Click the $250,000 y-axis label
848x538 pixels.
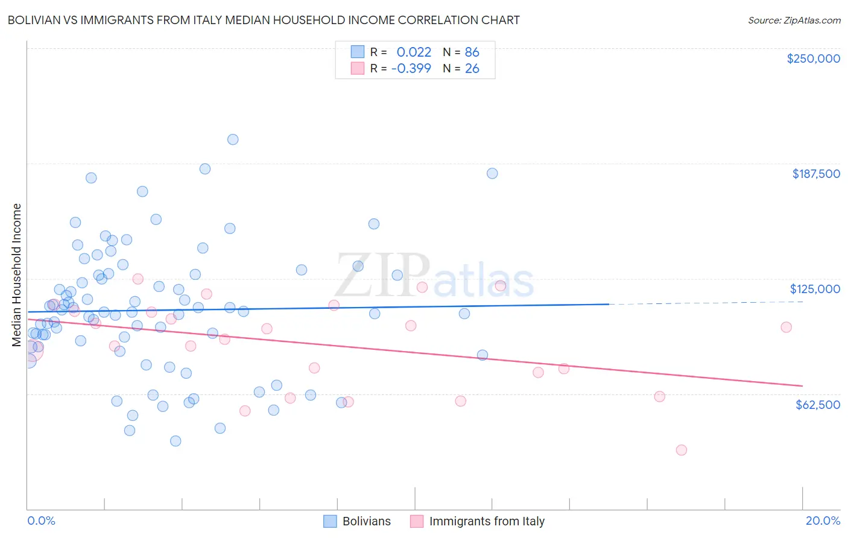(x=813, y=59)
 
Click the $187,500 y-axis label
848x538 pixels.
(x=815, y=174)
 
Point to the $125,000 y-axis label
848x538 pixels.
(x=815, y=289)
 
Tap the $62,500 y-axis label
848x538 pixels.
(x=817, y=405)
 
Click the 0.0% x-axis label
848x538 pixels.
(x=41, y=521)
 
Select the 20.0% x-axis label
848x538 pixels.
(x=823, y=521)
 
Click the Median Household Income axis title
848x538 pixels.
(x=17, y=275)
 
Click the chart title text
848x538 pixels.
(x=264, y=20)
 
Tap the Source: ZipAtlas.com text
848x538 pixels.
(x=794, y=21)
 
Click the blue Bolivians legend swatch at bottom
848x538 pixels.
(x=330, y=521)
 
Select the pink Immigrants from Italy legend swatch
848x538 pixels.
(x=417, y=521)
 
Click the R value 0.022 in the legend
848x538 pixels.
(x=414, y=52)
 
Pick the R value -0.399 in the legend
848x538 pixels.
(x=411, y=68)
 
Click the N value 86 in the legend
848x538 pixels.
(x=472, y=52)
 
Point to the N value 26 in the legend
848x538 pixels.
(x=472, y=68)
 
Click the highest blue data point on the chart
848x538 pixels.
(x=233, y=139)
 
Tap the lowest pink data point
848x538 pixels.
(x=682, y=450)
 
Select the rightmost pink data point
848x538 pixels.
(x=786, y=327)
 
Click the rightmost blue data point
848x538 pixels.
(x=492, y=173)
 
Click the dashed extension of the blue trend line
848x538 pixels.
(x=706, y=303)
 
